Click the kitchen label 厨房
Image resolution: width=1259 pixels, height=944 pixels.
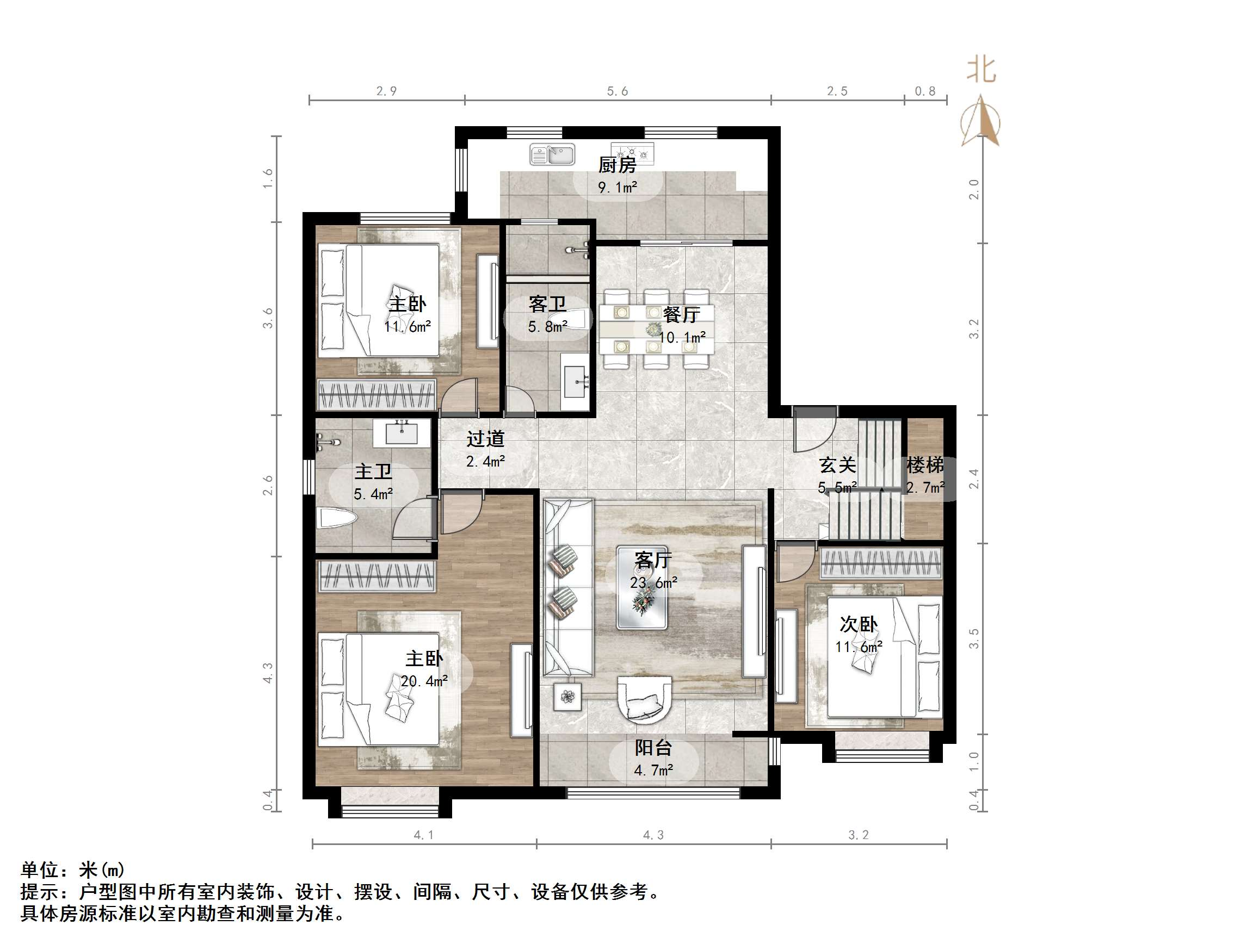(x=617, y=165)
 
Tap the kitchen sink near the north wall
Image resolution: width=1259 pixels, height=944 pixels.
(x=552, y=154)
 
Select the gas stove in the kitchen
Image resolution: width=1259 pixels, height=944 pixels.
(x=632, y=152)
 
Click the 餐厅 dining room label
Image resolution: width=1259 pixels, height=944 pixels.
(x=681, y=314)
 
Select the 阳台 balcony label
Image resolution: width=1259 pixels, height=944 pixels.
(x=653, y=747)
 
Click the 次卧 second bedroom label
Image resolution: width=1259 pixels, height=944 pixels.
(x=859, y=624)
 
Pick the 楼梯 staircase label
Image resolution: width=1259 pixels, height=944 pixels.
(x=925, y=465)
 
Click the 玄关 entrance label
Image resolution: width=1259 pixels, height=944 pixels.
(x=837, y=465)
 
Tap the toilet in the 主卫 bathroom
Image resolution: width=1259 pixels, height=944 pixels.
(x=336, y=518)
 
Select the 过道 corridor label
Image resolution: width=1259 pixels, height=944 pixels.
(x=485, y=439)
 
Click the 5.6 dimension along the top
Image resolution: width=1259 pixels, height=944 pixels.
(x=617, y=91)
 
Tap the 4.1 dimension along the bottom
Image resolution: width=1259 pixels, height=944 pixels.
(x=423, y=835)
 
